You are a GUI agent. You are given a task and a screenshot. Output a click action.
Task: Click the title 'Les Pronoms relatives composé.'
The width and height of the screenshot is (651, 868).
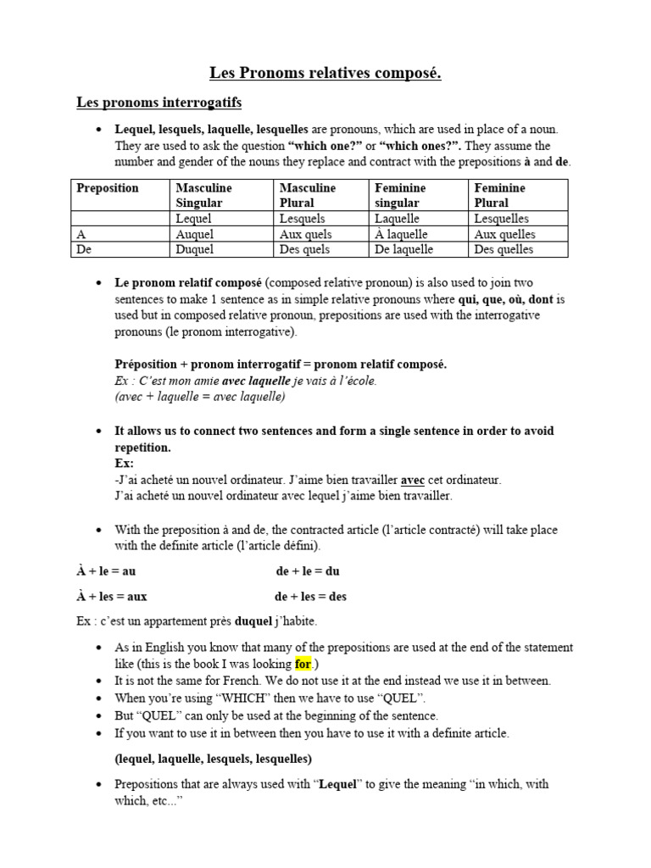325,74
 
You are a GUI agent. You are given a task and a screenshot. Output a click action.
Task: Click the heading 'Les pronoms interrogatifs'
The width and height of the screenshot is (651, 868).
159,103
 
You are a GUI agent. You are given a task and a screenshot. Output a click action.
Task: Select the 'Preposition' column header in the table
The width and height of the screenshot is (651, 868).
108,188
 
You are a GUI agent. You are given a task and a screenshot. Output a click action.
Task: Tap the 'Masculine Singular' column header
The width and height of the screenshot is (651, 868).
203,195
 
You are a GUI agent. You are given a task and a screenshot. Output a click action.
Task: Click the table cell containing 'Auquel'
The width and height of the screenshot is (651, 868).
194,234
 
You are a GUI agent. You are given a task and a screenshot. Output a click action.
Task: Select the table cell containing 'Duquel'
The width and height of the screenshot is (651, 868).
194,249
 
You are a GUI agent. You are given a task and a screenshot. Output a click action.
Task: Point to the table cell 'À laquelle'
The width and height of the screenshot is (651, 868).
401,234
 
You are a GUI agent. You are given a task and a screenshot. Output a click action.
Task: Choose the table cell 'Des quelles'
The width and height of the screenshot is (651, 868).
504,249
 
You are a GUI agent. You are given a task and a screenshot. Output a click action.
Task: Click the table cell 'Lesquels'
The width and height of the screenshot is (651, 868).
302,219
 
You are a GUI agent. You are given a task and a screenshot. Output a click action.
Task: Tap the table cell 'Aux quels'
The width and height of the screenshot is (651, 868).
305,234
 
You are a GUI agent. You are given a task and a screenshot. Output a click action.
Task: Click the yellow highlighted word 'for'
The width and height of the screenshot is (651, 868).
303,664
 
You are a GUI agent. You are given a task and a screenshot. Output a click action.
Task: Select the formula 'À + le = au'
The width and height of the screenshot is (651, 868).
106,571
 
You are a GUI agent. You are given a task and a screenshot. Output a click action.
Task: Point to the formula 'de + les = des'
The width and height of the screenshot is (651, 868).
311,597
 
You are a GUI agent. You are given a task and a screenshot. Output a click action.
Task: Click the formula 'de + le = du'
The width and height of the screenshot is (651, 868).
308,571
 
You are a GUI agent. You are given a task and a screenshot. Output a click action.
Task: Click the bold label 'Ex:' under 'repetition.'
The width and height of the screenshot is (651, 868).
124,464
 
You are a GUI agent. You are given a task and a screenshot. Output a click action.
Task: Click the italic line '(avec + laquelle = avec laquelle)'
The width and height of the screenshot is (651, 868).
200,397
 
